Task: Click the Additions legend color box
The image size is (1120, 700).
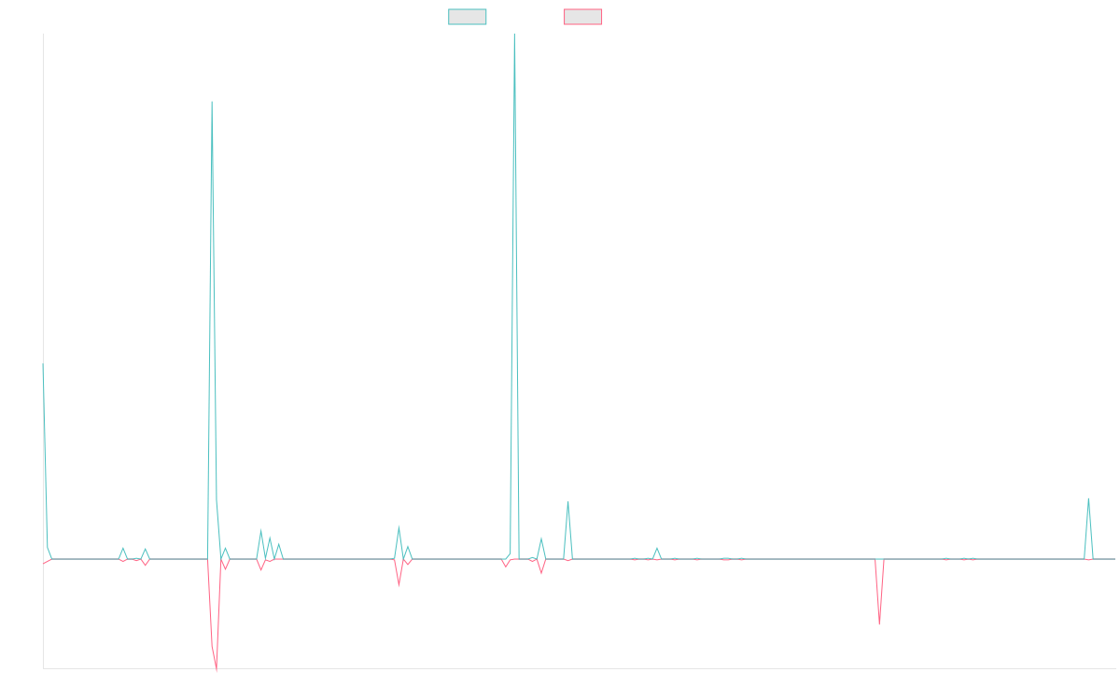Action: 468,17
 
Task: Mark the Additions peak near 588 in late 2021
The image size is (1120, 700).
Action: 212,101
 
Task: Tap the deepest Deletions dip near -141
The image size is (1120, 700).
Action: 217,669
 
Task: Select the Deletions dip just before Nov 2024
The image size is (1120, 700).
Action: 879,623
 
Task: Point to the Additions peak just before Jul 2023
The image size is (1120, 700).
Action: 567,502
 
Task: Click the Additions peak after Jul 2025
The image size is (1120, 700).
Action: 1088,498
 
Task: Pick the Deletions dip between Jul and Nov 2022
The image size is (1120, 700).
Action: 399,585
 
